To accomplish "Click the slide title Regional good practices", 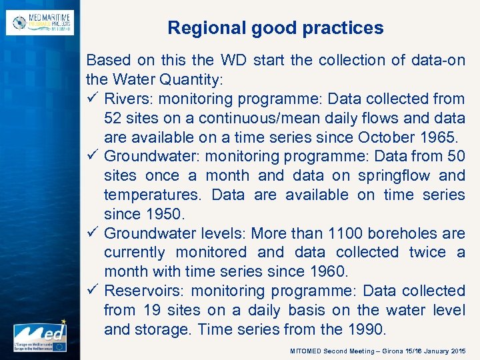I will click(x=275, y=28).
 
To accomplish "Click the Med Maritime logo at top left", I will click(x=40, y=22).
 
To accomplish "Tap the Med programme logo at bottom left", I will click(x=39, y=337).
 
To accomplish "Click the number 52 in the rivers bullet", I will click(x=113, y=118).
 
